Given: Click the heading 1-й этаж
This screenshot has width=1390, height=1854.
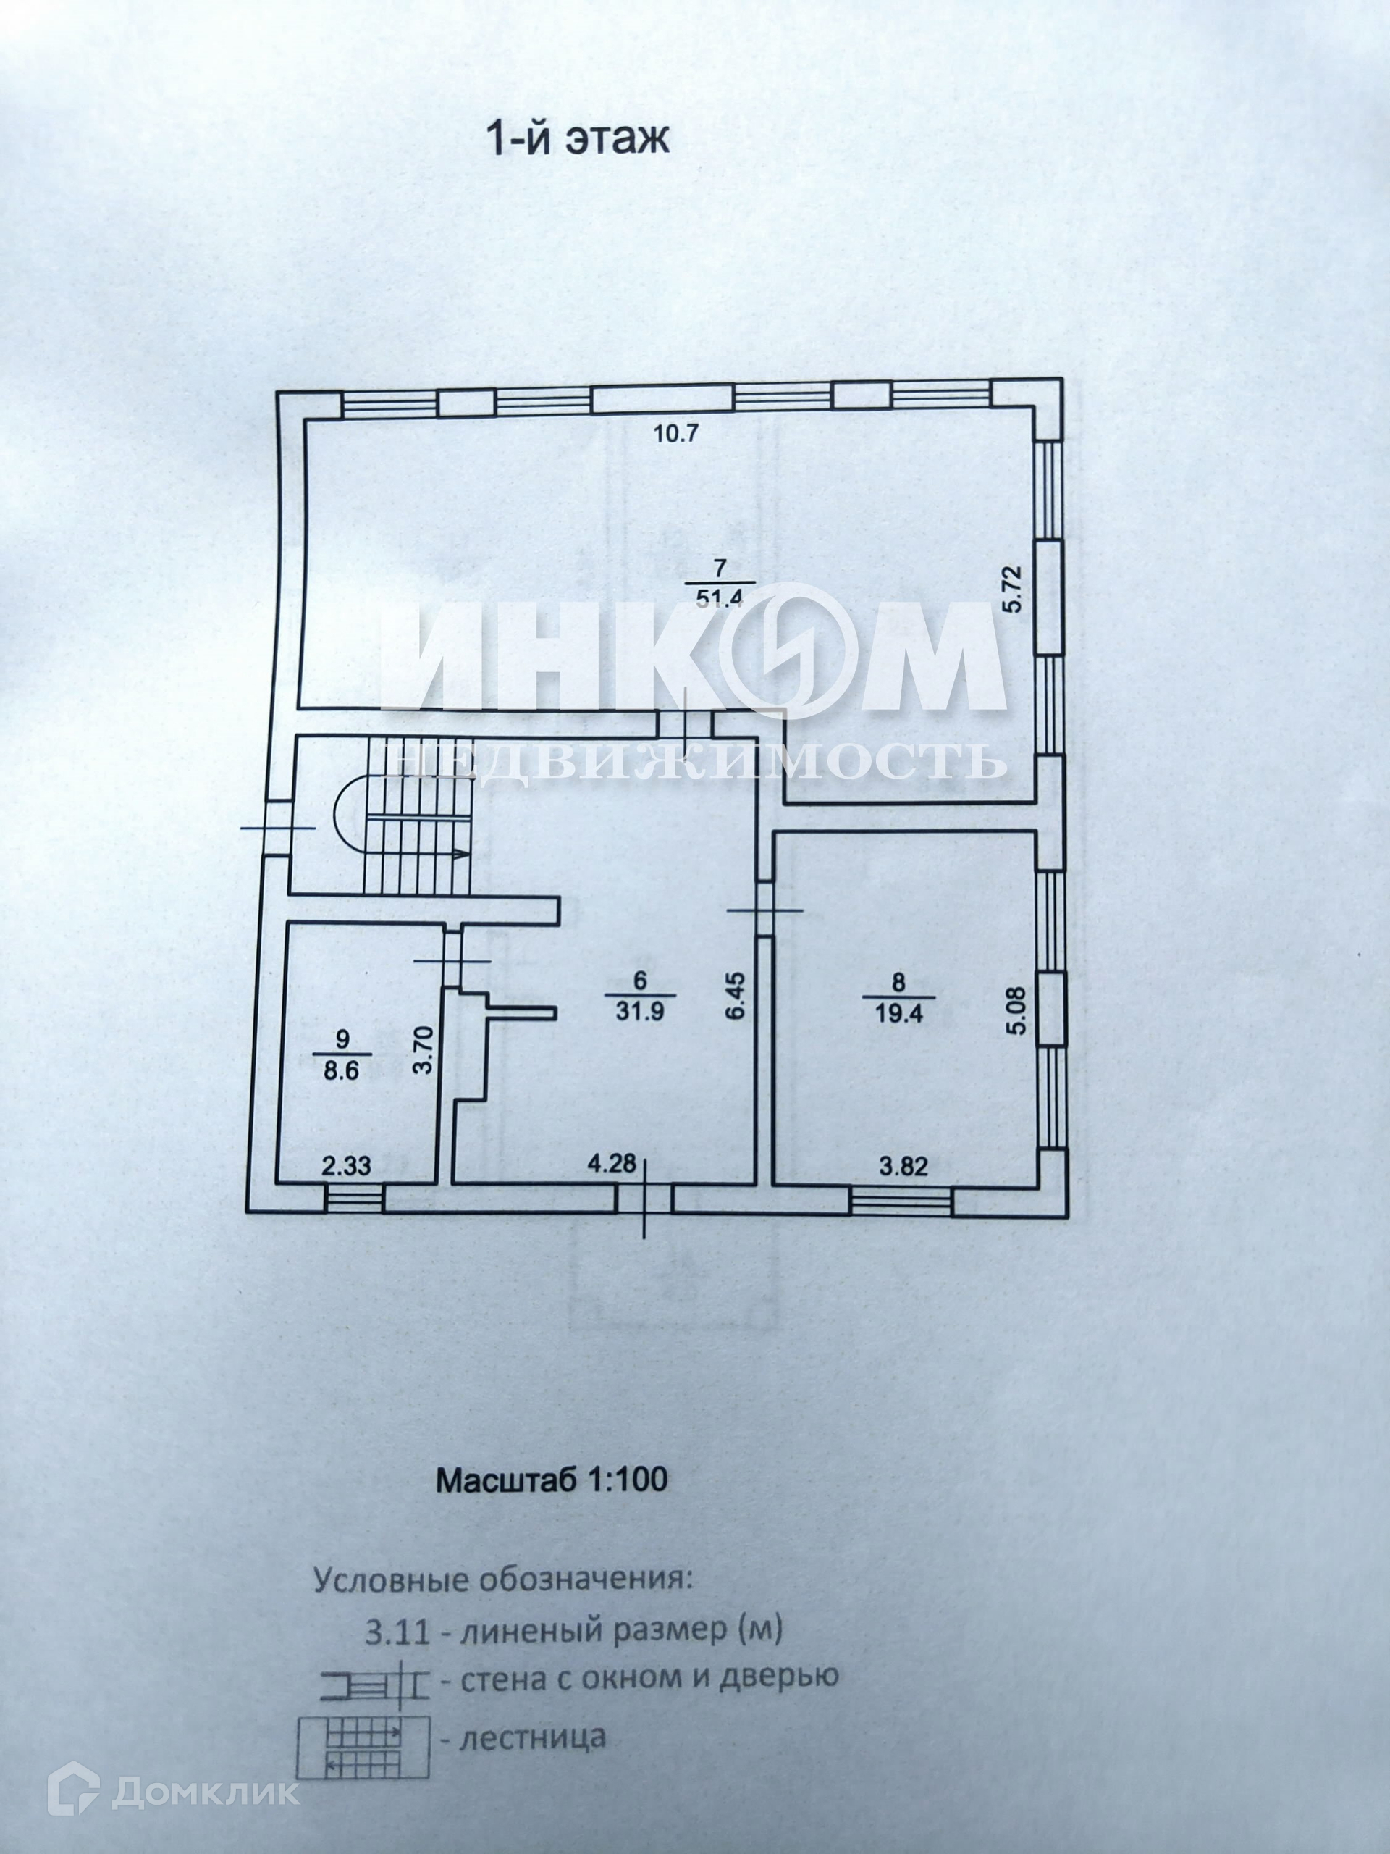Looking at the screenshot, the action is click(x=578, y=139).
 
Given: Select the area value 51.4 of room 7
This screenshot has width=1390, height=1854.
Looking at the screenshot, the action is click(x=720, y=597).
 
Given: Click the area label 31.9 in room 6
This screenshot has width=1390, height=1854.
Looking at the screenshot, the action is click(x=640, y=1011).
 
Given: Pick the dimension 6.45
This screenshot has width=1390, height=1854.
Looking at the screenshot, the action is click(x=735, y=995).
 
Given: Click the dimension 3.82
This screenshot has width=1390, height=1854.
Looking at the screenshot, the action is click(x=903, y=1166).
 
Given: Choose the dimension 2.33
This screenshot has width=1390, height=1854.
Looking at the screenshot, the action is click(x=347, y=1165).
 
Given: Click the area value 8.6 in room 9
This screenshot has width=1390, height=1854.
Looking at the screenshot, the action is click(x=341, y=1071).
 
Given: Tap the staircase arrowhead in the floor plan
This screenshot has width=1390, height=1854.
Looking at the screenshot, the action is click(x=459, y=854).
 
